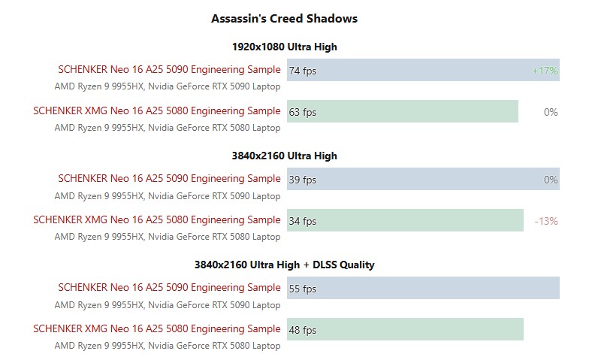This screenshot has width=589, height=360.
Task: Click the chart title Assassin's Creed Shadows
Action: click(x=284, y=18)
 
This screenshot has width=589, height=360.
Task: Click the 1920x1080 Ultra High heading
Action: click(x=284, y=47)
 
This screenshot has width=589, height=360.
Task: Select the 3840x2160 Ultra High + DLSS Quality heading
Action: click(x=284, y=265)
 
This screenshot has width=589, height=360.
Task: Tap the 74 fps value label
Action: click(x=303, y=71)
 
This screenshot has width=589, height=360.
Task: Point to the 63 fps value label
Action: click(x=303, y=112)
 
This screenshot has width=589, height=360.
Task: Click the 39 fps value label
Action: click(x=303, y=180)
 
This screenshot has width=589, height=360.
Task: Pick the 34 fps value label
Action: click(x=303, y=221)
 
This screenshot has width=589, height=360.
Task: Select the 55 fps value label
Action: click(x=303, y=289)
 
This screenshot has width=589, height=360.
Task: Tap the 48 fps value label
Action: click(x=303, y=330)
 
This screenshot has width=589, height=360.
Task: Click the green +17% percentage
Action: click(x=545, y=71)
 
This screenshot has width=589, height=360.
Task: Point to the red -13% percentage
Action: click(x=545, y=221)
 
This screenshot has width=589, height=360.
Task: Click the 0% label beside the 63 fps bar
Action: click(x=550, y=112)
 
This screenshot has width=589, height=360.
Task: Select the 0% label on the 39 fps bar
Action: click(x=550, y=180)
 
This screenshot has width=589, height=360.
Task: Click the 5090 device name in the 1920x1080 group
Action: click(x=169, y=70)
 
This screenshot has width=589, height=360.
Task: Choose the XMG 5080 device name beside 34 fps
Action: click(x=156, y=220)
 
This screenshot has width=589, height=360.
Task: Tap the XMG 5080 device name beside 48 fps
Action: click(x=156, y=329)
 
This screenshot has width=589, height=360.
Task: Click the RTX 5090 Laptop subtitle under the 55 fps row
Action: click(x=167, y=304)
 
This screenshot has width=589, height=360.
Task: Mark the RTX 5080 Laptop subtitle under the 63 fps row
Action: click(x=167, y=128)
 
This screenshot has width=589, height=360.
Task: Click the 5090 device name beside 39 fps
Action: click(x=169, y=179)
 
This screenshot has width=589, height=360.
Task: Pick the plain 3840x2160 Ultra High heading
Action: click(x=284, y=156)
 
